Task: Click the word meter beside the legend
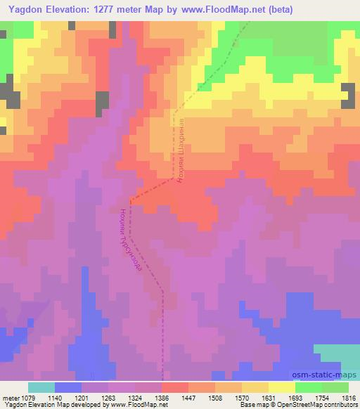point(10,397)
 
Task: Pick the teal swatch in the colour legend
point(41,387)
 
